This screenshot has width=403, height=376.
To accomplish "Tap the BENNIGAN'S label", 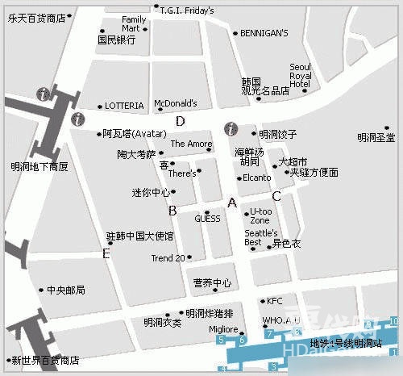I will [264, 33].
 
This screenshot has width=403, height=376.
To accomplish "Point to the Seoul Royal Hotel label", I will [300, 76].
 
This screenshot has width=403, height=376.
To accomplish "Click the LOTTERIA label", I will [124, 106].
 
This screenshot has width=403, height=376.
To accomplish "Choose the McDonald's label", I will [175, 103].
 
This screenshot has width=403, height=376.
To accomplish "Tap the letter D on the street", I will [181, 121].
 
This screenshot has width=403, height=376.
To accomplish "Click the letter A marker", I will [232, 203].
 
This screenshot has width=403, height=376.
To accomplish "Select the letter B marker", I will [172, 211].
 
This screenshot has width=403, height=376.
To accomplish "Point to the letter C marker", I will [276, 195].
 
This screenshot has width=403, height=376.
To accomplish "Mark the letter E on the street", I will [106, 253].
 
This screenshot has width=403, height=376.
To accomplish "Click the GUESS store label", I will [207, 219].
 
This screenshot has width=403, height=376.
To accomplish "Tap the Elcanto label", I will [256, 178].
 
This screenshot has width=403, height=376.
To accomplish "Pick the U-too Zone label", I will [260, 215].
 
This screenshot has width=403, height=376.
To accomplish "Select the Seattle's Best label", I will [260, 238].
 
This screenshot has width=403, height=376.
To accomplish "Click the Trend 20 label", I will [168, 258].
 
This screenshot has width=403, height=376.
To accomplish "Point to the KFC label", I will [275, 301].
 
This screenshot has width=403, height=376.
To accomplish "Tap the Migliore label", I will [223, 329].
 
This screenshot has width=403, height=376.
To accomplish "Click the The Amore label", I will [191, 144].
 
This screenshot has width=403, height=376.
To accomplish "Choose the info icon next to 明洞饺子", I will [231, 129].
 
